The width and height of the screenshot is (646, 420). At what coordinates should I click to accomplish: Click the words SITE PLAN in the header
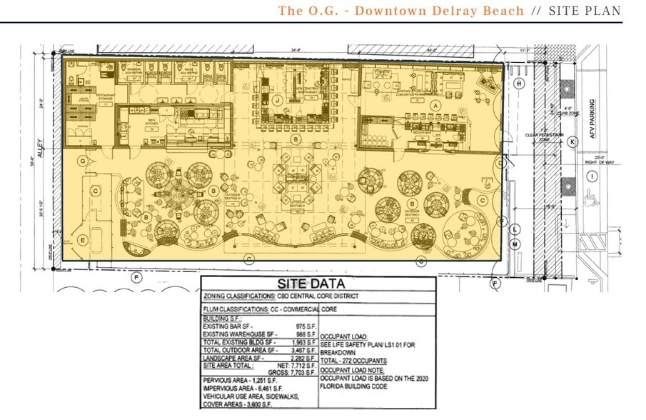coord(585,11)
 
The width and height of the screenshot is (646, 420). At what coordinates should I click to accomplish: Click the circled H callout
coord(519,84)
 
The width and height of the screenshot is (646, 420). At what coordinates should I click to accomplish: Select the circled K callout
coord(572,142)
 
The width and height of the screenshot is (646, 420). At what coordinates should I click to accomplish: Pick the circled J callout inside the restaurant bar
coord(276,100)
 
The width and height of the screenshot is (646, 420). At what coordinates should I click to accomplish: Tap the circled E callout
coord(83,239)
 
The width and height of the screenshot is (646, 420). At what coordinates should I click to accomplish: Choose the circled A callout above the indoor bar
coord(433,104)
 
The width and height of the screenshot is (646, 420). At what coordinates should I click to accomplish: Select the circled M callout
coord(514,244)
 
